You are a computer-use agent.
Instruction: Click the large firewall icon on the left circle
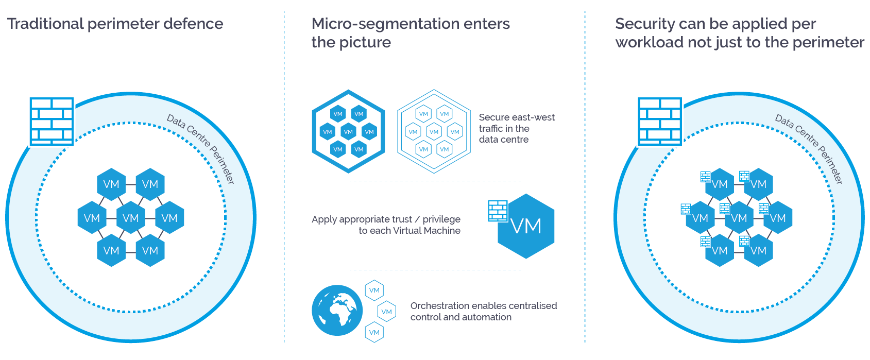(52, 121)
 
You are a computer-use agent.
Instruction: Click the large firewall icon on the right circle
(660, 121)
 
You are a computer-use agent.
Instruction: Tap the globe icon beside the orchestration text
(337, 310)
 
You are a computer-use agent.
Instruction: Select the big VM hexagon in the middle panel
(526, 227)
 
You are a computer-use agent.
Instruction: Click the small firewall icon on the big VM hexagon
(498, 211)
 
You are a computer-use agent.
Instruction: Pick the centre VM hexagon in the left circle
(131, 218)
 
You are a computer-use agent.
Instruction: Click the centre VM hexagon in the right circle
(739, 218)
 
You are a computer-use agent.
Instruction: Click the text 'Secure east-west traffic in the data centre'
(516, 128)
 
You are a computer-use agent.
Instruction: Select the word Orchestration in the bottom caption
(439, 306)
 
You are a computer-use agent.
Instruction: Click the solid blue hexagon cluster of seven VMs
(348, 131)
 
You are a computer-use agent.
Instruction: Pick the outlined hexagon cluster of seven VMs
(434, 131)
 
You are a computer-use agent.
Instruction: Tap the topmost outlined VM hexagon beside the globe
(374, 290)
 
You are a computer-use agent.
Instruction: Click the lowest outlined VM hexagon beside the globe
(374, 332)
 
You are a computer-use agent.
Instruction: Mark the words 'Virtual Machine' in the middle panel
(427, 231)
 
